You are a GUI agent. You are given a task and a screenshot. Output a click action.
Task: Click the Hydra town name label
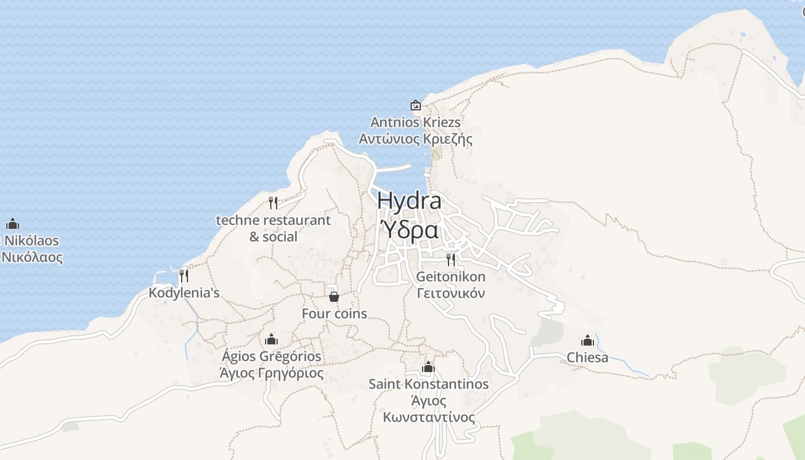coord(409,201)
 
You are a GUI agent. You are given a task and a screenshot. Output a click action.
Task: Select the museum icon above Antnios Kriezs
coord(415,105)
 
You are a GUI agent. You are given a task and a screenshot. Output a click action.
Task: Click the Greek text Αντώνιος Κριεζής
coord(415,139)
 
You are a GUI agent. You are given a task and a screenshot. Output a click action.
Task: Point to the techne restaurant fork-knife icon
coord(273,203)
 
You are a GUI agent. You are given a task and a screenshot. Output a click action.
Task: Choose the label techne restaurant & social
coord(273,228)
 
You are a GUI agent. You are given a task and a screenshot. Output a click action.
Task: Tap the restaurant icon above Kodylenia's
coord(183,276)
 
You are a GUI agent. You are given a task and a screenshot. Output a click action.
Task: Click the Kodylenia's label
coord(184,293)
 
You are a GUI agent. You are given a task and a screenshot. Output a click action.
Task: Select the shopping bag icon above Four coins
coord(333,297)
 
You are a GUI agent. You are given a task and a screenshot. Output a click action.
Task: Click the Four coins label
coord(334,313)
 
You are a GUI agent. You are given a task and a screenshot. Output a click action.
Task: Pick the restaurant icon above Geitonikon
coord(450,260)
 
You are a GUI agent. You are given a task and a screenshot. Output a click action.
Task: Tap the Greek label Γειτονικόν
coord(451,293)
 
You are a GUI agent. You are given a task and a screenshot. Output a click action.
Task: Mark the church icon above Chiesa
coord(587,340)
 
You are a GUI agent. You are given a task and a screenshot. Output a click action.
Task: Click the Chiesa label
coord(587,357)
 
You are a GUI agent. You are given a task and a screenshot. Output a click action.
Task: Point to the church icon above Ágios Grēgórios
coord(271,339)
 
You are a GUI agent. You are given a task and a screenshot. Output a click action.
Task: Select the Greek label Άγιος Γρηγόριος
coord(271,373)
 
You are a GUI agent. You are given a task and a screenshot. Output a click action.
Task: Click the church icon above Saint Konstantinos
coord(428,367)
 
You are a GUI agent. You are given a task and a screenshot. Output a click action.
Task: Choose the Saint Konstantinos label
coord(428,384)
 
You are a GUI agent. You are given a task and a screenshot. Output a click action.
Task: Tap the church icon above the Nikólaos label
coord(13,224)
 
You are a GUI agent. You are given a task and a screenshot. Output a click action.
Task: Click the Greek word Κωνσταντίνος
coord(429,417)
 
